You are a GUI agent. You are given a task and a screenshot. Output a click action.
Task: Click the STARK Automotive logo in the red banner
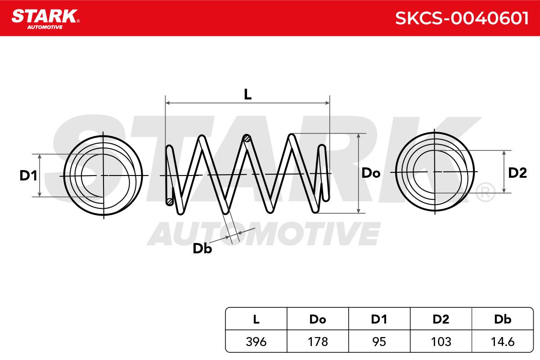coord(45,19)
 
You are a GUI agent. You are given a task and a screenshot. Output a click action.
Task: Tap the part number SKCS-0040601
coord(462,18)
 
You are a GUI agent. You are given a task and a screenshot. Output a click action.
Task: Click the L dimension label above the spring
coord(247,94)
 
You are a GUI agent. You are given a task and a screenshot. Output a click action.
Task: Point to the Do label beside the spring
coord(371,173)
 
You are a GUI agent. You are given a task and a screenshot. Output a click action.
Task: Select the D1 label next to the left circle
coord(28,175)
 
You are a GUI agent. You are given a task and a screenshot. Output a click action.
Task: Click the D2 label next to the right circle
coord(517,173)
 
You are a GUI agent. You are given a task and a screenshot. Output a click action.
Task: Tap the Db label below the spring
coord(202,248)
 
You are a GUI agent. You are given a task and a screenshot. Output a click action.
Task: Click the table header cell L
coord(256,319)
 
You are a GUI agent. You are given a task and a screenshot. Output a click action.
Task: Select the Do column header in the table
coord(318,319)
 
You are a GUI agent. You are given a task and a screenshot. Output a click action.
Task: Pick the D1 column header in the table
coord(379,319)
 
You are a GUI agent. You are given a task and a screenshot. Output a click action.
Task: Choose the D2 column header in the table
coord(441,319)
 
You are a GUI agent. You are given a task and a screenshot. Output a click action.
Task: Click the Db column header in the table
coord(503,319)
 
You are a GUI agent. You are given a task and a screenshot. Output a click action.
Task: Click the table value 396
coord(256,342)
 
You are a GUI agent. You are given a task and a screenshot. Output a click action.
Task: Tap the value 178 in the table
coord(318,342)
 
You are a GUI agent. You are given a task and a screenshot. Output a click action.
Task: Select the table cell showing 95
coord(379,342)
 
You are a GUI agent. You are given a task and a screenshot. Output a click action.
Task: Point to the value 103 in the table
coord(441,342)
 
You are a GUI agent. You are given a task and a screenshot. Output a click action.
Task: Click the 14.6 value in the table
coord(503,342)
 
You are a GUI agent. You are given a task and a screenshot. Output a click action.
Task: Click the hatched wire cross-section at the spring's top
coord(247,139)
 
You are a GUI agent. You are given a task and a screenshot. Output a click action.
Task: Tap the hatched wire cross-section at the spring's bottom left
coord(170,202)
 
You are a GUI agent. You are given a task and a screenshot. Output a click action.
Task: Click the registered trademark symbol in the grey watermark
coord(485,192)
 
